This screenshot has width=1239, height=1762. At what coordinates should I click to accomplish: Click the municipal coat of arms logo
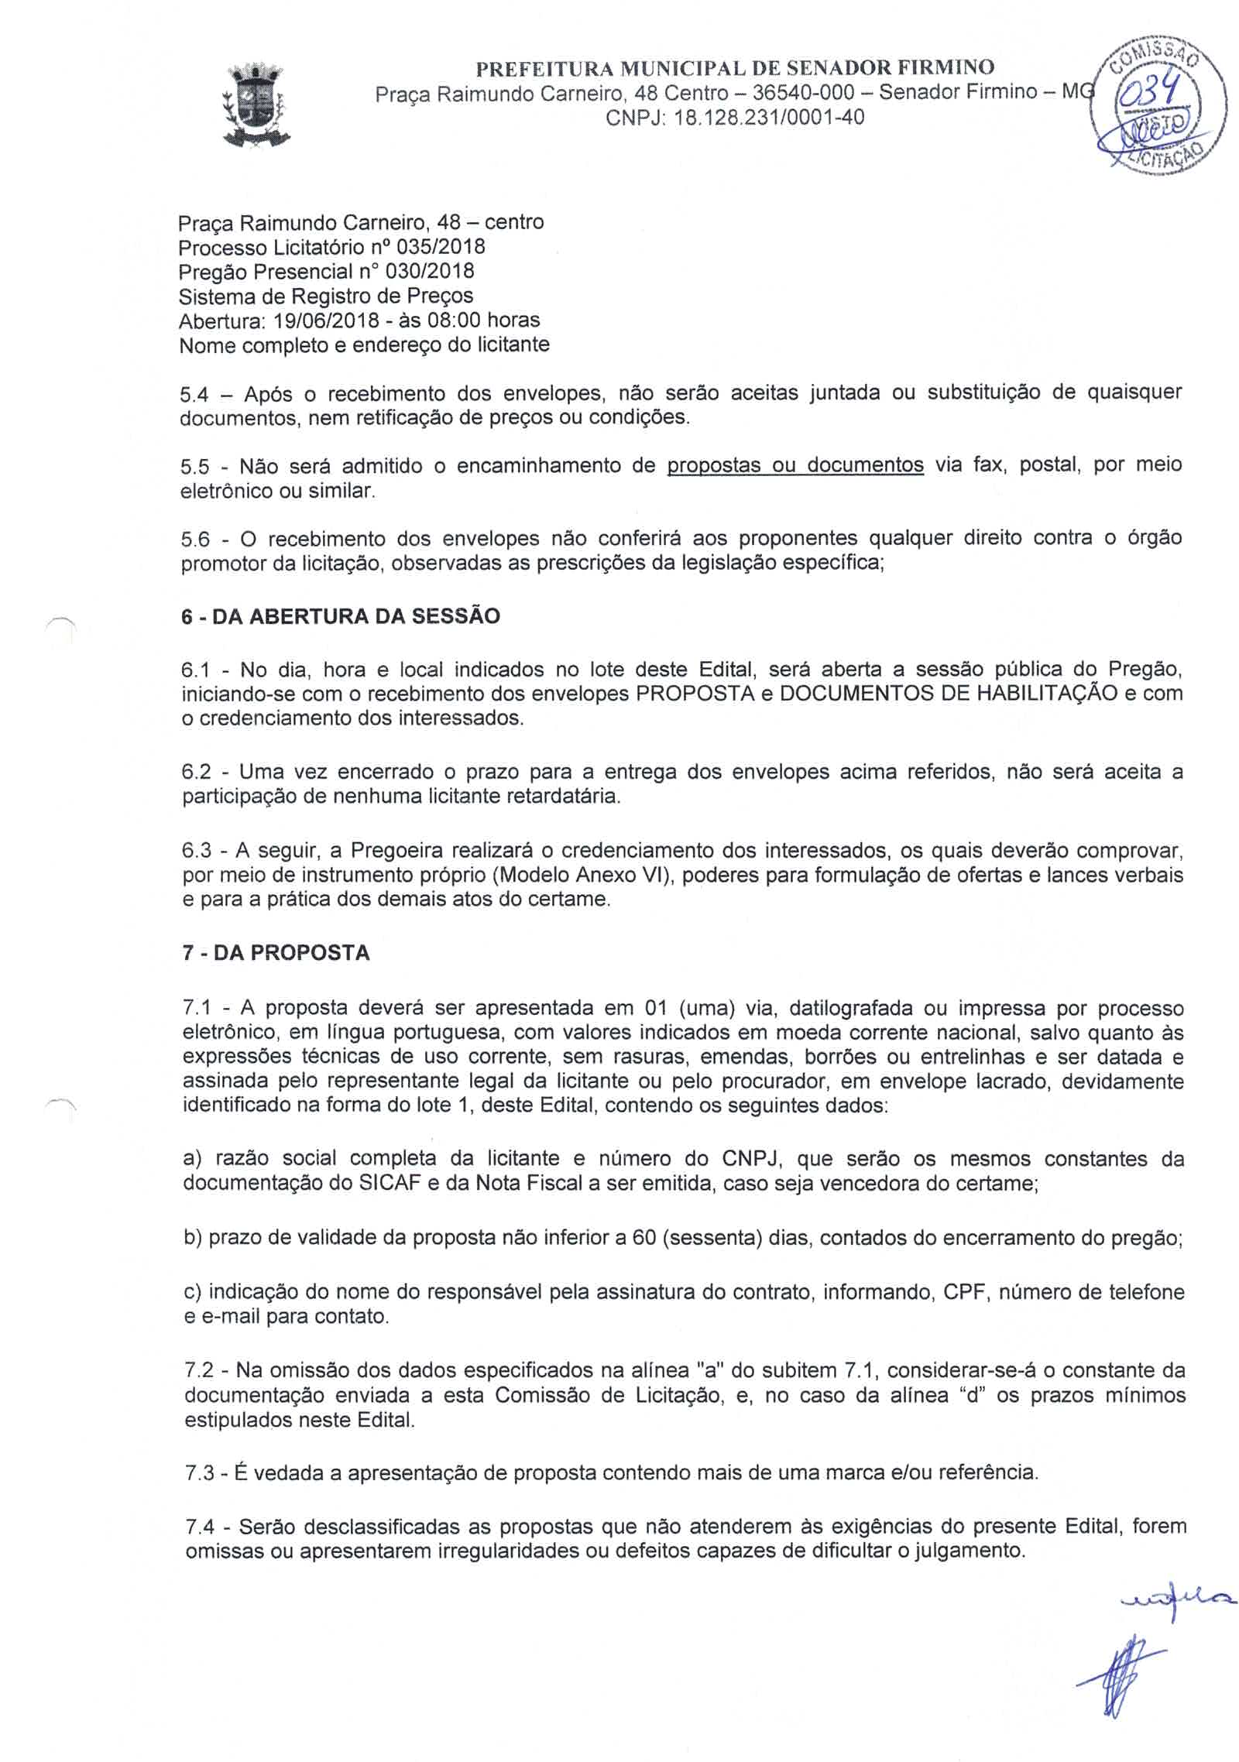click(256, 108)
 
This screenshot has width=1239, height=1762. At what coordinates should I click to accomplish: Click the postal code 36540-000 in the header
click(803, 93)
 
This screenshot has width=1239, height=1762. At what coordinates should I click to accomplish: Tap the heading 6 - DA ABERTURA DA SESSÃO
click(341, 616)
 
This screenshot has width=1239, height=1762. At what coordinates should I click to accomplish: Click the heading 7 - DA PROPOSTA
click(276, 952)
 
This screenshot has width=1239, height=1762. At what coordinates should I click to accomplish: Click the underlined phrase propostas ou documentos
click(795, 465)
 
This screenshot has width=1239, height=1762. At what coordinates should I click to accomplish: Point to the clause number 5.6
click(195, 540)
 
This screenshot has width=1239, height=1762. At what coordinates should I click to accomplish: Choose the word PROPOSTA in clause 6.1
click(694, 693)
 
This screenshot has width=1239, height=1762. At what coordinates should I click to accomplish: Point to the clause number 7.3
click(199, 1472)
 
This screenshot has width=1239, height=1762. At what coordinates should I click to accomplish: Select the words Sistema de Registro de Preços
click(326, 296)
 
